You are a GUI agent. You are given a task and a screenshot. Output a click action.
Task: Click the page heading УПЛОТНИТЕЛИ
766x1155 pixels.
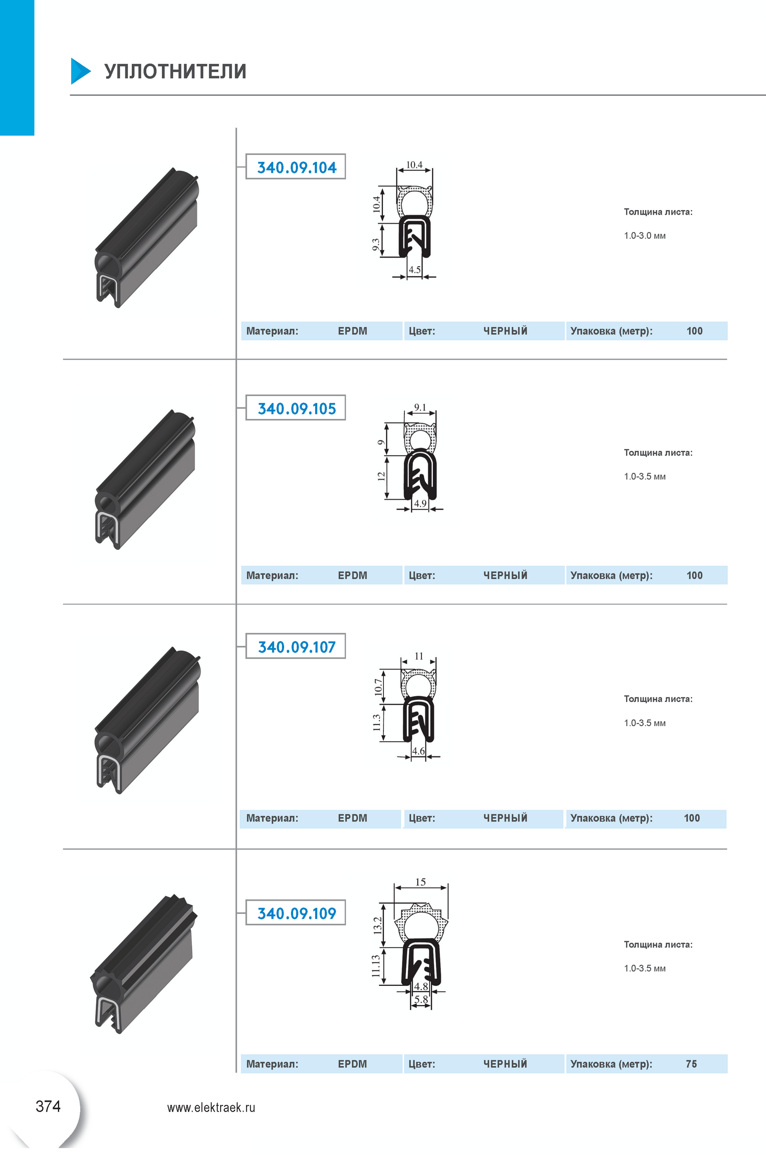pos(175,71)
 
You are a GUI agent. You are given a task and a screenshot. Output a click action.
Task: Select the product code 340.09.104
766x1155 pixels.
pos(296,168)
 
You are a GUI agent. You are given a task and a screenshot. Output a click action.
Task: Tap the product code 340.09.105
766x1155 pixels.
pos(296,409)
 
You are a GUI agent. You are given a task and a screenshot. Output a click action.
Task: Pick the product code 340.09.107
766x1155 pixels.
pos(296,647)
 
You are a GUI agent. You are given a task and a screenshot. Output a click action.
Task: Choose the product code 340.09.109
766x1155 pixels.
pos(296,913)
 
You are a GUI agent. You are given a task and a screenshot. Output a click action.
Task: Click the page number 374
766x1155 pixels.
pos(48,1106)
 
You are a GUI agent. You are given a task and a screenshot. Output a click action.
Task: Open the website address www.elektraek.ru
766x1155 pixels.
pos(211,1108)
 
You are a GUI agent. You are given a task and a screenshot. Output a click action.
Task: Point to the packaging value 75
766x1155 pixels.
pos(691,1064)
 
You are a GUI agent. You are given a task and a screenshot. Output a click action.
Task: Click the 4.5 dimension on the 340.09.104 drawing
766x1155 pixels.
pos(414,269)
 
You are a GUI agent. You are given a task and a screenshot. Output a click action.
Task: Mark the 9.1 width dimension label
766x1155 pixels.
pos(420,407)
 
